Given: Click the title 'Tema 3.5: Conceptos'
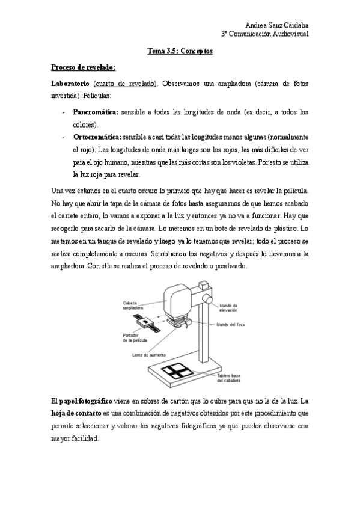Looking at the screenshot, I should point(180,52).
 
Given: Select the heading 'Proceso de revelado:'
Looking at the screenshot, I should point(83,67).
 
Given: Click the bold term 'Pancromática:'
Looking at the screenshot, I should point(96,112).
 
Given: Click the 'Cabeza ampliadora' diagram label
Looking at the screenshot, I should point(133,304).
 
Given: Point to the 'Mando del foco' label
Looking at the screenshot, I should point(229,324).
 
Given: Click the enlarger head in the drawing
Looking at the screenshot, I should point(180,300).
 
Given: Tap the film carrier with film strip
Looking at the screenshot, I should point(147,324).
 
